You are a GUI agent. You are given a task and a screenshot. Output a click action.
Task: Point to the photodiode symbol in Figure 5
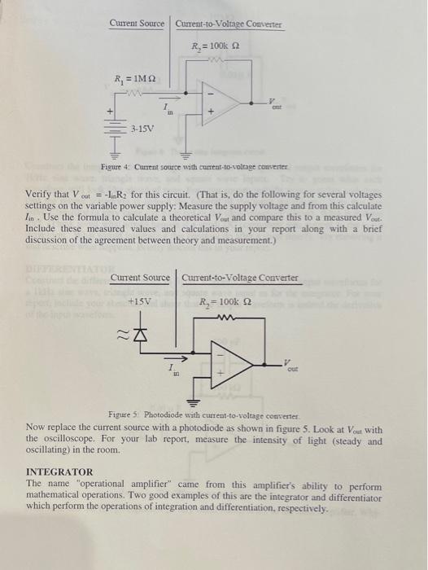(136, 335)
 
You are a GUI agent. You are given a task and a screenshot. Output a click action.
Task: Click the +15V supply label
(141, 302)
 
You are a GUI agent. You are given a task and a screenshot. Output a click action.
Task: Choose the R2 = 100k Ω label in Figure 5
(229, 303)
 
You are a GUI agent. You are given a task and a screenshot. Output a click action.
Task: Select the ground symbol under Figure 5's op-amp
(194, 403)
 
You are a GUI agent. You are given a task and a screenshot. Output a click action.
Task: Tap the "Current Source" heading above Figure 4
(138, 24)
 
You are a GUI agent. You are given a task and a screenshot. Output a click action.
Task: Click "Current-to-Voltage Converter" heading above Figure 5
(241, 278)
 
